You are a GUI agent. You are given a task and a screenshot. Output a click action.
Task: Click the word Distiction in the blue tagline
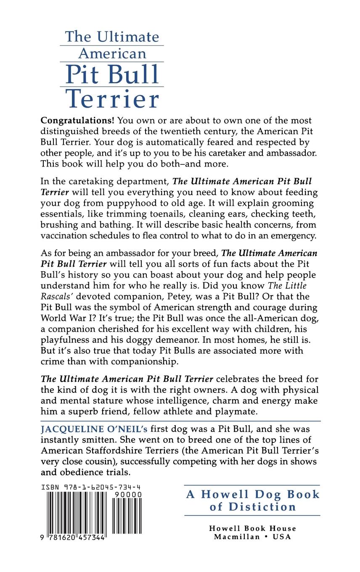click(262, 506)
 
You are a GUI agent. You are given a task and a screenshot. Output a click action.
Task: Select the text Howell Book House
click(252, 528)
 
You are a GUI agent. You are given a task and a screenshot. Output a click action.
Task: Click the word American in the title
click(112, 53)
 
